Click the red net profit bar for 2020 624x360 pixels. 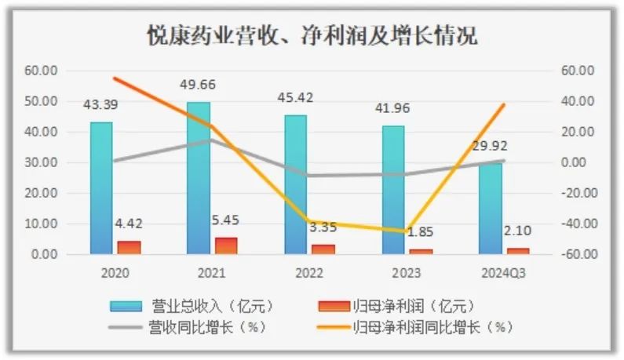[x=129, y=247]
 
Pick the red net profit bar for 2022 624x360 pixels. [x=323, y=249]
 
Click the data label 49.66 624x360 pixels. [x=198, y=85]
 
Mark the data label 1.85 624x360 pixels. [x=421, y=233]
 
